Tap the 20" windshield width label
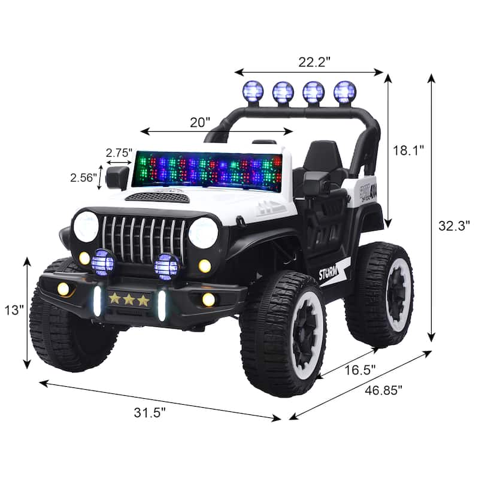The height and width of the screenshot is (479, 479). (x=200, y=122)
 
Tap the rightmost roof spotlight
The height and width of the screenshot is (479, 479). (x=344, y=92)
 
